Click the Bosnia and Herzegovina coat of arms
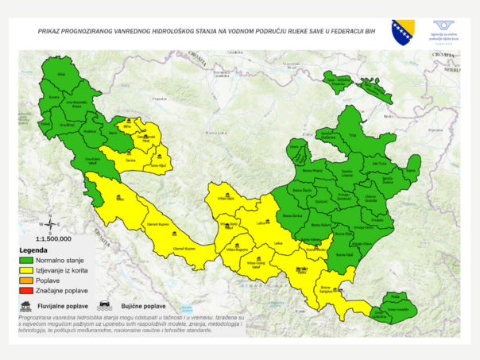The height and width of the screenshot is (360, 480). pos(402,32)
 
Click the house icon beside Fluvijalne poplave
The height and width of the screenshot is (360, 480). pos(26,305)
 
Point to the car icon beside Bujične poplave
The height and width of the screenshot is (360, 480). pos(104,305)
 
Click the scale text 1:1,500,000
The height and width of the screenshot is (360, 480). pos(53,238)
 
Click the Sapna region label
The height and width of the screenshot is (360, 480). pos(411,170)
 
